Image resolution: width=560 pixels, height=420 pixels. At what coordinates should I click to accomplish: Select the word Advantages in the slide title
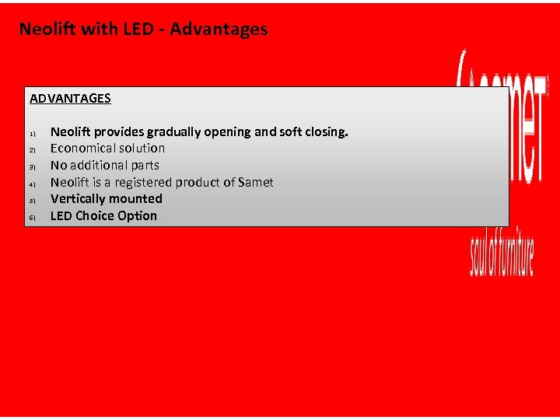(x=219, y=30)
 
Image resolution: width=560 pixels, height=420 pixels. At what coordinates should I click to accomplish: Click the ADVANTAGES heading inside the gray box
(x=70, y=99)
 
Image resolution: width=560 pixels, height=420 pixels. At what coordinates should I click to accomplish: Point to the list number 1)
(x=33, y=134)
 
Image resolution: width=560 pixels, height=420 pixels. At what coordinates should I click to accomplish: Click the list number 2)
(x=33, y=150)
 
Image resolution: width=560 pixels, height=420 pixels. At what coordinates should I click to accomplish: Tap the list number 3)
(x=33, y=167)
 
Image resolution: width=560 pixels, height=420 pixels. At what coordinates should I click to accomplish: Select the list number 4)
(x=33, y=184)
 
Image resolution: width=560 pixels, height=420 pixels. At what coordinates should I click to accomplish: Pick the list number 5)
(x=33, y=201)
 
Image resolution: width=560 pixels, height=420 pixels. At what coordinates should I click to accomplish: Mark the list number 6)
(x=33, y=218)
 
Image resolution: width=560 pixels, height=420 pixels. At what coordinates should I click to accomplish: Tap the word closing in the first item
(x=324, y=132)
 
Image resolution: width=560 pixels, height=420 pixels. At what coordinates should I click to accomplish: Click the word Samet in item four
(x=255, y=182)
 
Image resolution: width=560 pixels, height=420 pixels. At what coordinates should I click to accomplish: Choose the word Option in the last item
(x=137, y=215)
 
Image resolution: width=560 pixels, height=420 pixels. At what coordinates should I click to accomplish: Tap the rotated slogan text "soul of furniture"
(x=502, y=248)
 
